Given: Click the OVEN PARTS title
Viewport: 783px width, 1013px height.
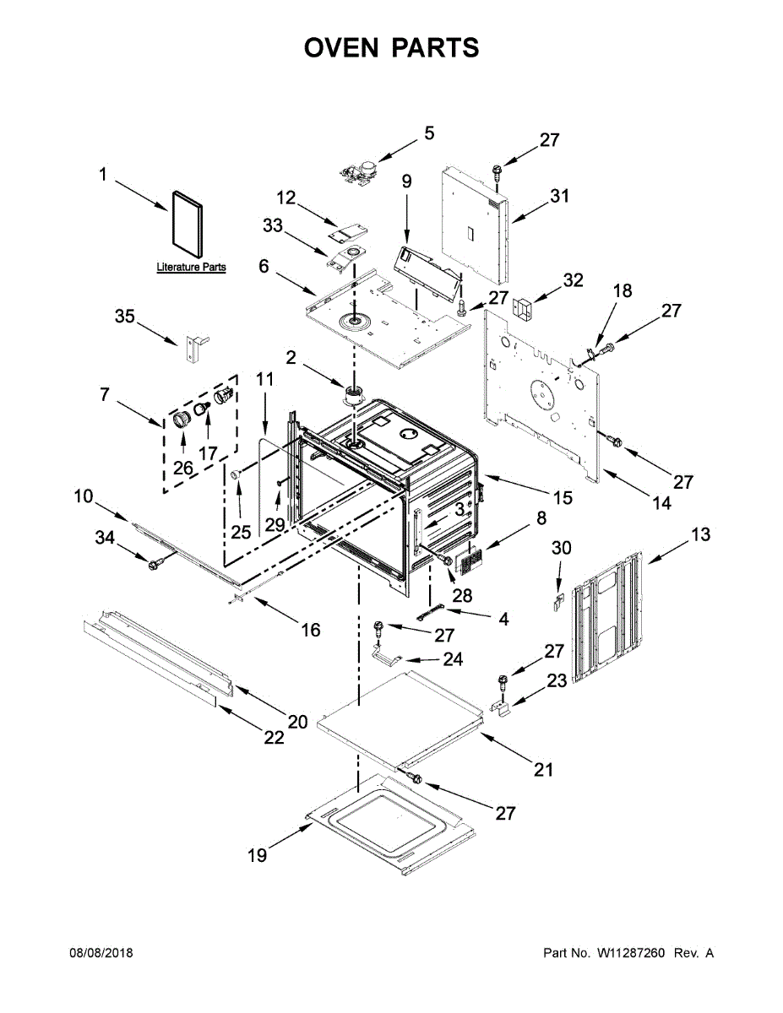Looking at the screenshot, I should (391, 48).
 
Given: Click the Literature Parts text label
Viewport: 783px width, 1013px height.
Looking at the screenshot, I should (191, 268).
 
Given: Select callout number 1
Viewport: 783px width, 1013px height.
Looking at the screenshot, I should (102, 175).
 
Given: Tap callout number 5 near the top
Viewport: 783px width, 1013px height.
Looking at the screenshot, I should (429, 133).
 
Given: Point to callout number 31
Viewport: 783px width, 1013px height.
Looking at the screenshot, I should (559, 196).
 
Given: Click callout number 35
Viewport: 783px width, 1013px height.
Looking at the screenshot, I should (124, 317).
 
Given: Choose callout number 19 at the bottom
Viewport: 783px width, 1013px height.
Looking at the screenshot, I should (257, 855).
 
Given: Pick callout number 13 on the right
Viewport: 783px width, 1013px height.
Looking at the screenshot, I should (700, 534).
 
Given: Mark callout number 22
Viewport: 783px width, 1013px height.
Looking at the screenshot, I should (273, 737).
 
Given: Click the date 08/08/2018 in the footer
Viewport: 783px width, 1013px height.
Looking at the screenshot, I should (101, 953).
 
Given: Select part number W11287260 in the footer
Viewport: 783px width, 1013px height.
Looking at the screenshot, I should (629, 953).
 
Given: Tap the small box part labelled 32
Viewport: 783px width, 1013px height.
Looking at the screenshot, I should (525, 308).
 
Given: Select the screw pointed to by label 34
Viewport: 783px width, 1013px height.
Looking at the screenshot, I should (155, 564).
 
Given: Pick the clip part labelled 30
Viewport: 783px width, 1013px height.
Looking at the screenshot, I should (557, 602).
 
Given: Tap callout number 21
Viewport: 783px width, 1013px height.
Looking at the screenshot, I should (543, 769).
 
